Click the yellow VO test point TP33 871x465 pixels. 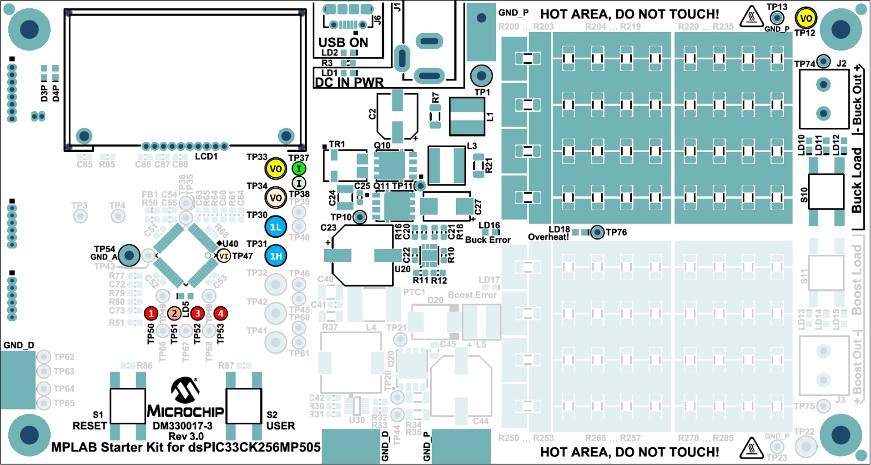click(x=276, y=169)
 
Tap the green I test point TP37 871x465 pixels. click(x=299, y=169)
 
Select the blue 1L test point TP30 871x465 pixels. click(x=276, y=227)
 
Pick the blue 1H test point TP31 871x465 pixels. click(x=276, y=256)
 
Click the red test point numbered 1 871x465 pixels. click(x=151, y=313)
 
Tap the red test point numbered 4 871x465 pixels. click(x=221, y=313)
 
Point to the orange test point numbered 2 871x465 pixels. click(x=174, y=313)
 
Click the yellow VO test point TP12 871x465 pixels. click(x=806, y=19)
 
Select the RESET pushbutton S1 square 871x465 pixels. click(x=128, y=405)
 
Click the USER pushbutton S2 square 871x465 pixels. click(x=244, y=405)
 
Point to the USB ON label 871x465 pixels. click(x=343, y=42)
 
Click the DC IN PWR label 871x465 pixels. click(x=349, y=83)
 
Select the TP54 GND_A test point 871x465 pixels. click(x=129, y=255)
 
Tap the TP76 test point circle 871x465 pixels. click(x=597, y=233)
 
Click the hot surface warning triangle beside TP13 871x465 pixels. click(x=751, y=17)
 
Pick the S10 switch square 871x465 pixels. click(x=826, y=191)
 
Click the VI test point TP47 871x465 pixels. click(x=223, y=256)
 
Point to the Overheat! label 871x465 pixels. click(x=548, y=237)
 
